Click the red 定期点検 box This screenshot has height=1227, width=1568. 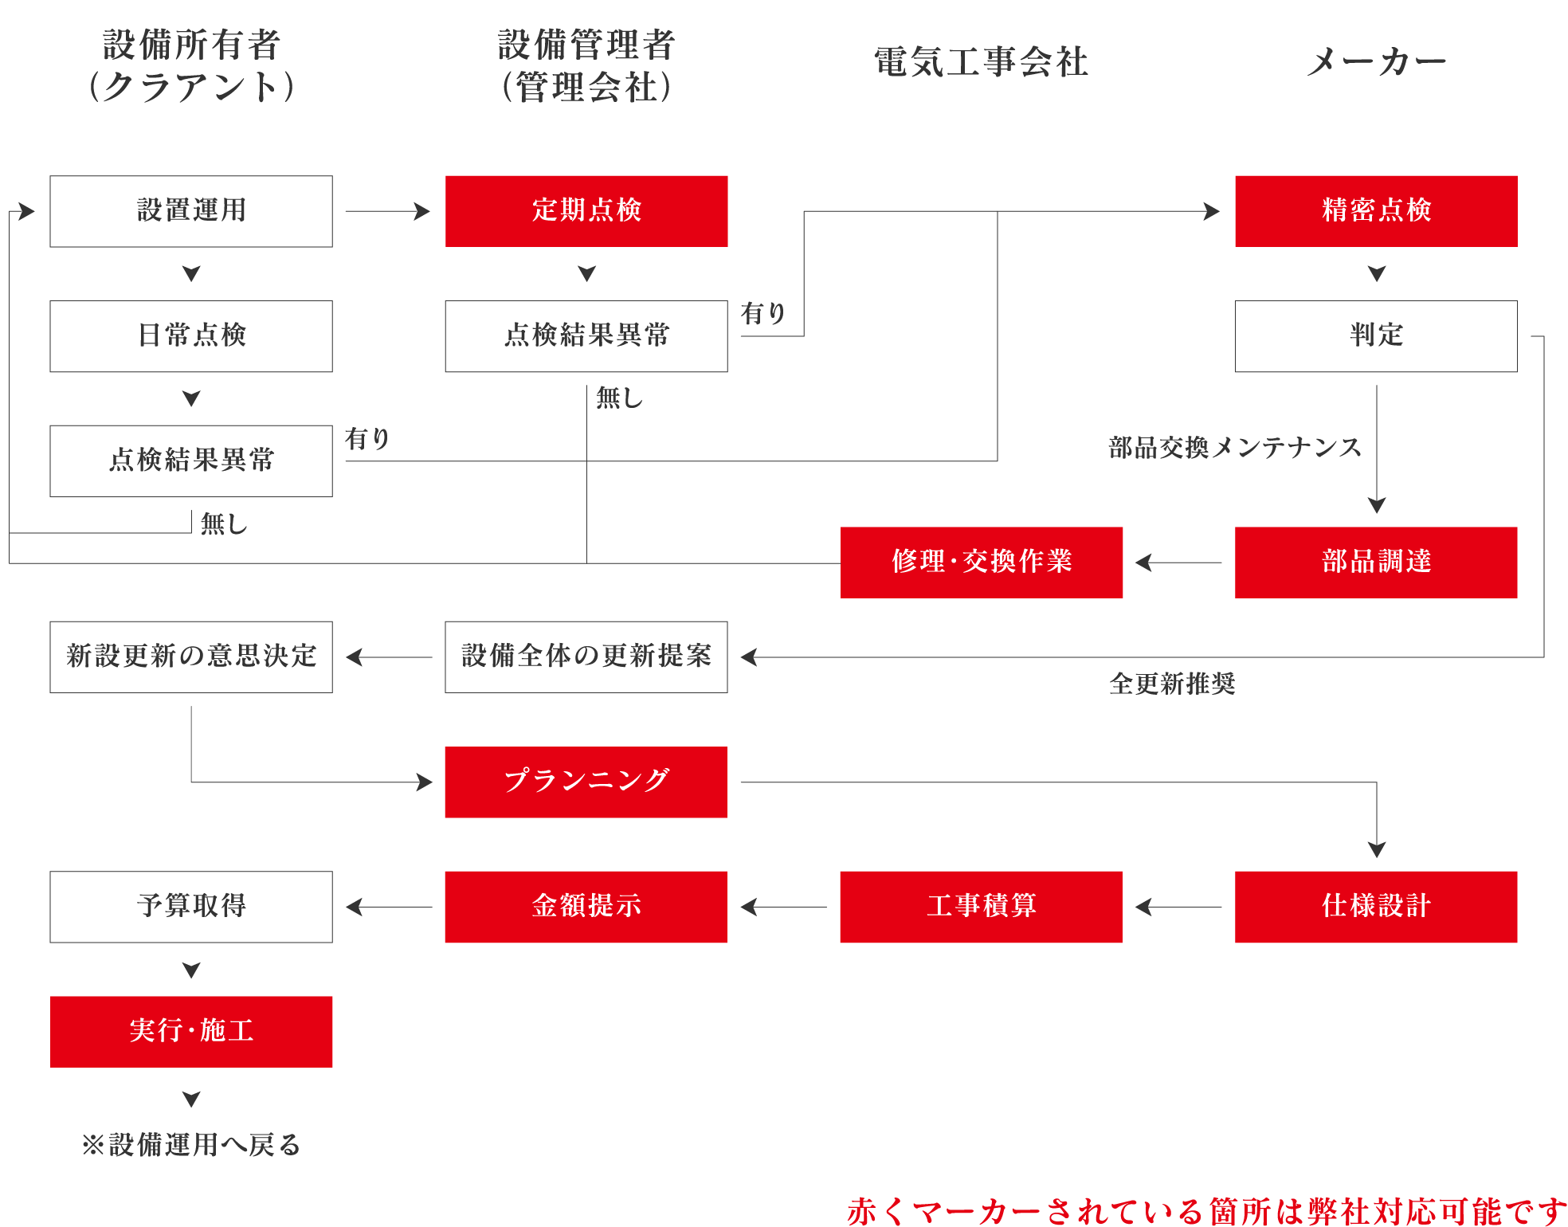tap(586, 211)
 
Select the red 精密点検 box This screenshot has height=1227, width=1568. tap(1376, 211)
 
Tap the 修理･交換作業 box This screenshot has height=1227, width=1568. tap(982, 562)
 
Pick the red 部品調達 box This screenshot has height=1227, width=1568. tap(1376, 562)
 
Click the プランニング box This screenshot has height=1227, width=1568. tap(586, 782)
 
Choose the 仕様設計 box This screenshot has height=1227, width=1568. tap(1376, 907)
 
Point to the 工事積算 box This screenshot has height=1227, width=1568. tap(982, 907)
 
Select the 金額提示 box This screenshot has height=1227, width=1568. tap(586, 907)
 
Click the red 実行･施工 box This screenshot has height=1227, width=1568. tap(191, 1031)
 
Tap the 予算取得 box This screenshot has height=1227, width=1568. tap(191, 907)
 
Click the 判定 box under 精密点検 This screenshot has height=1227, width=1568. tap(1376, 336)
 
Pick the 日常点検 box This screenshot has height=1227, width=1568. tap(191, 336)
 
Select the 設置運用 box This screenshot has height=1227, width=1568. tap(191, 211)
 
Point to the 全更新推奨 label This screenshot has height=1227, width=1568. tap(1172, 684)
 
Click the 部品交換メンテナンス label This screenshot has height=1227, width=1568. tap(1235, 448)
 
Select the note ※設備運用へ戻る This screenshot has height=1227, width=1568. tap(191, 1145)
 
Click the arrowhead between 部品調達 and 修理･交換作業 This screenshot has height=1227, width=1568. tap(1144, 563)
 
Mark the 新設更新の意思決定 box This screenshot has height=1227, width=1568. tap(191, 657)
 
